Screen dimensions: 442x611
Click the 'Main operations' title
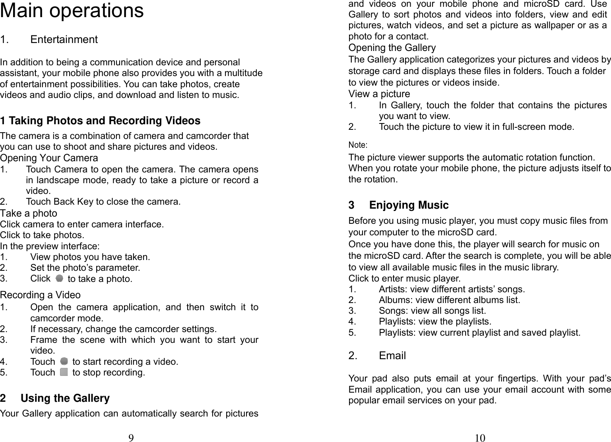(72, 11)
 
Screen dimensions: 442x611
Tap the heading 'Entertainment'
(64, 39)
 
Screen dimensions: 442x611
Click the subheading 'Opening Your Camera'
(49, 158)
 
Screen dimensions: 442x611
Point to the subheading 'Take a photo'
(29, 213)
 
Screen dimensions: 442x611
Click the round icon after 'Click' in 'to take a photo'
(59, 278)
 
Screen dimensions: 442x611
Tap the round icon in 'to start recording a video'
(64, 361)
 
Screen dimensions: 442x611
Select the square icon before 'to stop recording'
(64, 372)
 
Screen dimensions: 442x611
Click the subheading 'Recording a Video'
(40, 295)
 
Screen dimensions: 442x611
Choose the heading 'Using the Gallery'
(65, 398)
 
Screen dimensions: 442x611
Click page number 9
(131, 438)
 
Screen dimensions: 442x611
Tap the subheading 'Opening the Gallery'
(392, 48)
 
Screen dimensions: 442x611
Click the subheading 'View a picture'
(379, 94)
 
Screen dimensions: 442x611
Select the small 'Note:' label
(358, 144)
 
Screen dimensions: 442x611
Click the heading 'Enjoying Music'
(409, 205)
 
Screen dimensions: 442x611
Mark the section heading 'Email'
(392, 356)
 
